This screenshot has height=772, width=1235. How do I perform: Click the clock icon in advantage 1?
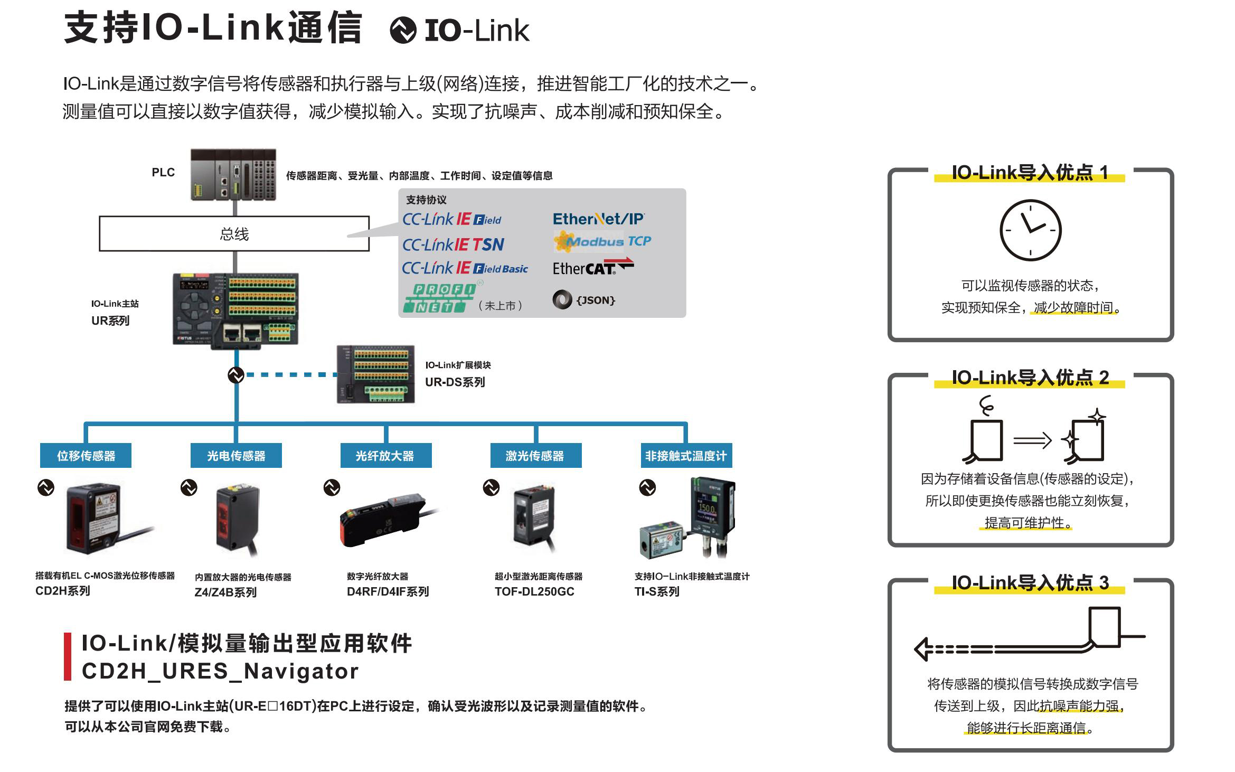click(1030, 230)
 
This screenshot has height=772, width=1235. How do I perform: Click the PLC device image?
click(233, 175)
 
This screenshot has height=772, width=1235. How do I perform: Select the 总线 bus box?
click(234, 233)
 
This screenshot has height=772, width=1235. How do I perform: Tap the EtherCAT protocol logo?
click(592, 267)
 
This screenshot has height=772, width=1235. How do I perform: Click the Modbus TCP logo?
click(602, 241)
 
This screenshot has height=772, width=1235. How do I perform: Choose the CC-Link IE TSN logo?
click(453, 244)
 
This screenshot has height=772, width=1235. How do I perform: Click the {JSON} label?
click(595, 300)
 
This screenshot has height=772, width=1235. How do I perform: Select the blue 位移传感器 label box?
click(86, 455)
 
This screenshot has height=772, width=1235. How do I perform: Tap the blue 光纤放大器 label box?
click(385, 455)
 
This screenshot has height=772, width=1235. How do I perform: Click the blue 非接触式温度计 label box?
click(685, 455)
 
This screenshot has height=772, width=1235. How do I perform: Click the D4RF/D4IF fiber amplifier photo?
click(385, 520)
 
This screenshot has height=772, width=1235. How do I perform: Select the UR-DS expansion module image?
click(376, 374)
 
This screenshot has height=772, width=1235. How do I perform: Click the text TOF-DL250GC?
click(534, 591)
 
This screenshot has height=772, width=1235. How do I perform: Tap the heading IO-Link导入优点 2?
click(1030, 378)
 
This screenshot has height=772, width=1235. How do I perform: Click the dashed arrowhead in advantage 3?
click(923, 649)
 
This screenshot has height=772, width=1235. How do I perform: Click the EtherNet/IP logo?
click(598, 219)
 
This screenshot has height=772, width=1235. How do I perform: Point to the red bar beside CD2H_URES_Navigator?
click(68, 656)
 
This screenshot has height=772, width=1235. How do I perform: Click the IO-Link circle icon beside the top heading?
click(403, 30)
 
